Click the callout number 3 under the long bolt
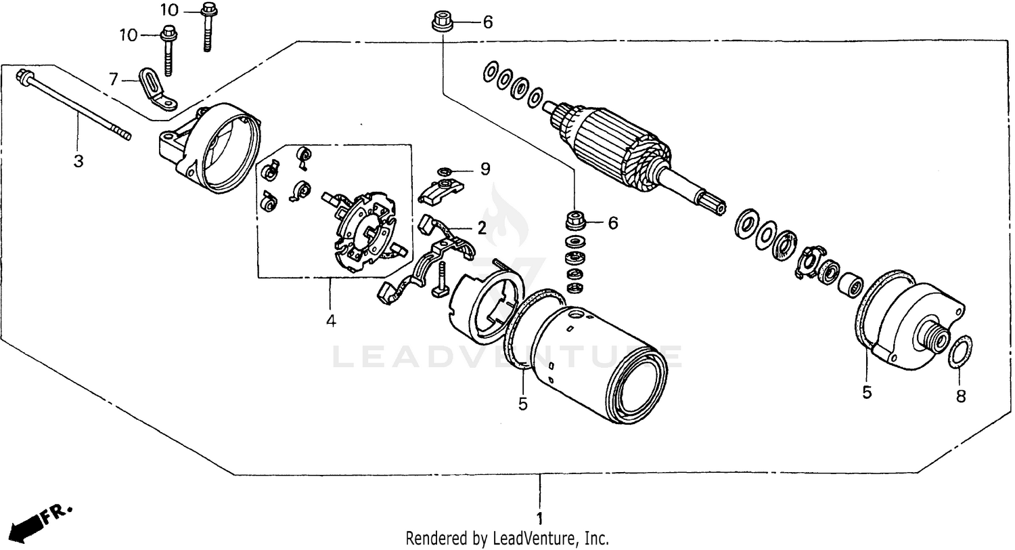click(78, 161)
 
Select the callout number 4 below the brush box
click(330, 321)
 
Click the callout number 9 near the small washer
click(484, 169)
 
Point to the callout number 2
click(481, 228)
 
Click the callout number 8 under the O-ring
click(961, 397)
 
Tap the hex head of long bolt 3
click(23, 75)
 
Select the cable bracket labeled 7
click(156, 90)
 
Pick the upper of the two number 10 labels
click(170, 10)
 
